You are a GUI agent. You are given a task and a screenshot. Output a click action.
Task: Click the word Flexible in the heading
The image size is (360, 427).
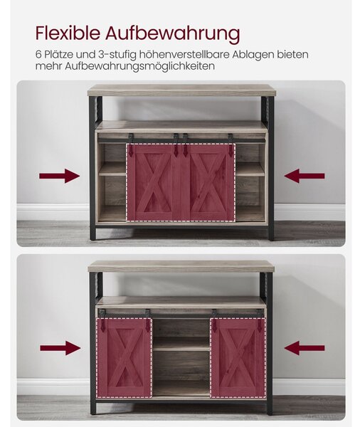[x=68, y=33]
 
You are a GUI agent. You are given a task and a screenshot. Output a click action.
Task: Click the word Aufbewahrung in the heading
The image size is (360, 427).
[x=173, y=34]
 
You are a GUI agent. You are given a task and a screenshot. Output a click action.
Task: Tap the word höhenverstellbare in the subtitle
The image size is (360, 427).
[x=184, y=55]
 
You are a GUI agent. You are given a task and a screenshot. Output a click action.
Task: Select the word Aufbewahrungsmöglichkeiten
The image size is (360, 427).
[x=139, y=66]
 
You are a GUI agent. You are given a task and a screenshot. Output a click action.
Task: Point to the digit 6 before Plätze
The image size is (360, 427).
[x=38, y=55]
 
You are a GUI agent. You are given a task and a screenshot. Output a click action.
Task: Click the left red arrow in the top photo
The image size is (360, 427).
[x=59, y=176]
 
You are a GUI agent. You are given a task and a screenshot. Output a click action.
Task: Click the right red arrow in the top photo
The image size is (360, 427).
[x=305, y=176]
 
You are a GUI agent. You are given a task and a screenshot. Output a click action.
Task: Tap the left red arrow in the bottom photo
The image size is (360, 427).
[x=60, y=348]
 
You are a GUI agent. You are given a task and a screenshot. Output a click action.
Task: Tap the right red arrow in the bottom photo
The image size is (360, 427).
[x=305, y=348]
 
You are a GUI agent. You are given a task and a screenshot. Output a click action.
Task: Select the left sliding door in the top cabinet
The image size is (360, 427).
[x=154, y=182]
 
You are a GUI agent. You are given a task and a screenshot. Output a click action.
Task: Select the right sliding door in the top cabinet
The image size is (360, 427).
[x=208, y=182]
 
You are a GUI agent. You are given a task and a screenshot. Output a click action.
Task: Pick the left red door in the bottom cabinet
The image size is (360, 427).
[x=125, y=357]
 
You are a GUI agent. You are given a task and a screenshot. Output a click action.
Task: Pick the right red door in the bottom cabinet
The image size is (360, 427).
[x=238, y=357]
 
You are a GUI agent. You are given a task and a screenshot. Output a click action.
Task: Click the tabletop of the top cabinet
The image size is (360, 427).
[x=181, y=90]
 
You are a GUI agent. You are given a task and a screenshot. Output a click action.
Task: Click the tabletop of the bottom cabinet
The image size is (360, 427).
[x=181, y=267]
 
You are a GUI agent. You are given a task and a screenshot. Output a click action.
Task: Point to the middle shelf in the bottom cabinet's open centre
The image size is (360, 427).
[x=181, y=344]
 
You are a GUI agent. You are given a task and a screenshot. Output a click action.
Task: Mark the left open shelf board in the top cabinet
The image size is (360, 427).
[x=112, y=169]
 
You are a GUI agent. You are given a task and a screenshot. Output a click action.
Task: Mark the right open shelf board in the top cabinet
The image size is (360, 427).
[x=250, y=169]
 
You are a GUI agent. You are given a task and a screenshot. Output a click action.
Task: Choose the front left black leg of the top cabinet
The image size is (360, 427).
[x=93, y=168]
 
